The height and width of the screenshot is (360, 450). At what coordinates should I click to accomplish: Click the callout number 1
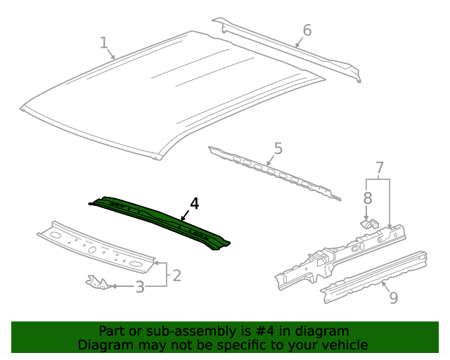tap(104, 44)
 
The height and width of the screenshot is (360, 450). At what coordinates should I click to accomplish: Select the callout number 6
tap(307, 30)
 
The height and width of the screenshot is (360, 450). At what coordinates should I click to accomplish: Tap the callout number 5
tap(278, 148)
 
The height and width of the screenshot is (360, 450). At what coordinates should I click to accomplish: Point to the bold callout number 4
tap(195, 204)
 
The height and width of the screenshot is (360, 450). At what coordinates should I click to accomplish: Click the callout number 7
tap(379, 168)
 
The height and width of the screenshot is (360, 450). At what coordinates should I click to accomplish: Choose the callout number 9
tap(393, 297)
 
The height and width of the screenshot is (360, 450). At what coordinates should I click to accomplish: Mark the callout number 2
tap(176, 275)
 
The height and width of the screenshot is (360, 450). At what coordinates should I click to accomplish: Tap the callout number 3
tap(140, 287)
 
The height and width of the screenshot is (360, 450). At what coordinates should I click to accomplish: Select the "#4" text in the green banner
tap(280, 331)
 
